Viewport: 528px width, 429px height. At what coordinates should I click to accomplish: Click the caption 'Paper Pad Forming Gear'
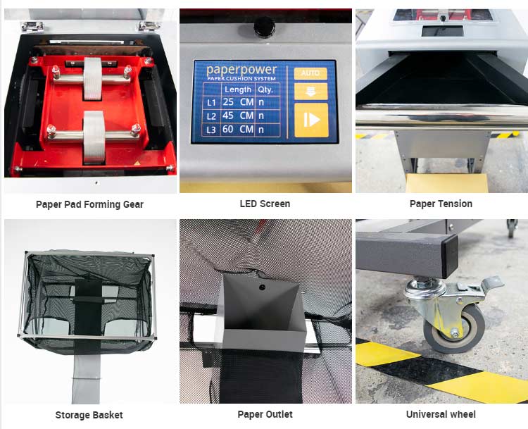point(89,204)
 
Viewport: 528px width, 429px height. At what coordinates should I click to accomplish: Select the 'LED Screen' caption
point(265,204)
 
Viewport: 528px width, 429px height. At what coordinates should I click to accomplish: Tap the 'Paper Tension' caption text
point(441,204)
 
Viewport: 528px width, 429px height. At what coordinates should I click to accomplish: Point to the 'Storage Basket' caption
point(89,415)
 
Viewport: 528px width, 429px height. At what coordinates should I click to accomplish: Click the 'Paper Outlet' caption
point(265,415)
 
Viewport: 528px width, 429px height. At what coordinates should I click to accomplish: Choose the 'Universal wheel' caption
point(441,415)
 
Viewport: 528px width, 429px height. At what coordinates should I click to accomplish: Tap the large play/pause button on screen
point(310,120)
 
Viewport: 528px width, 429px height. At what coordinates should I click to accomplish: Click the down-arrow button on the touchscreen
point(310,90)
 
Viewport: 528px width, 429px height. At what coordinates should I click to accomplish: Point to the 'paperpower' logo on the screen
point(241,70)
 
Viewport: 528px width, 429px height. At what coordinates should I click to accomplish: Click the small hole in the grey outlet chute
point(261,287)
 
